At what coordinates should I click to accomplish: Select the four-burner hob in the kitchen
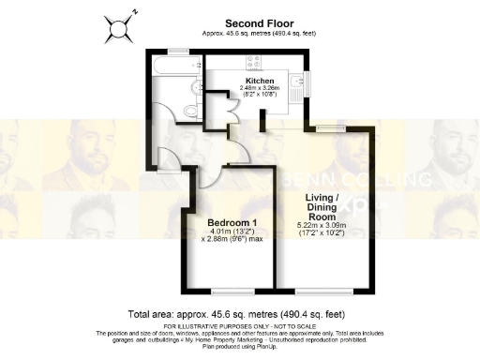click(x=254, y=64)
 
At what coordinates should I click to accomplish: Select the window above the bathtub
click(x=176, y=51)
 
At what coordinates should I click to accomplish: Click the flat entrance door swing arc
click(x=169, y=157)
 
